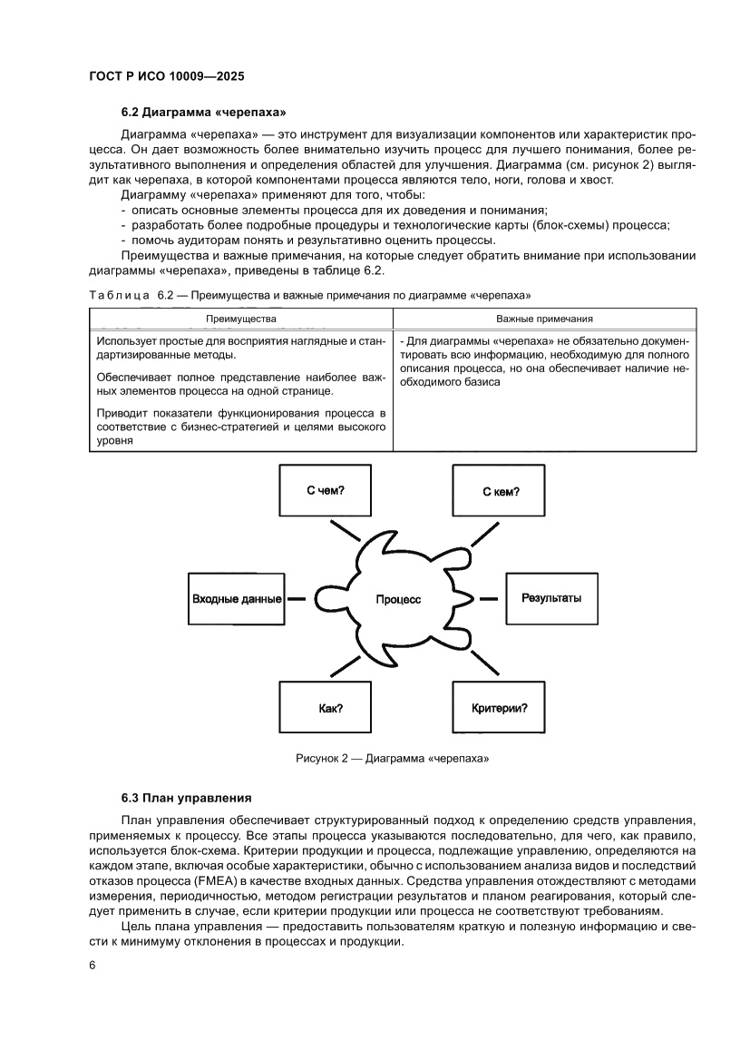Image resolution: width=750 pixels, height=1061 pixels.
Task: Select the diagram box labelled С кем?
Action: click(x=500, y=491)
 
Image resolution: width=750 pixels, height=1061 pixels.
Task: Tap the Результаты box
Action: click(x=551, y=598)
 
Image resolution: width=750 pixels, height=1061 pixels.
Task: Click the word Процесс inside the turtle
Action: click(x=398, y=600)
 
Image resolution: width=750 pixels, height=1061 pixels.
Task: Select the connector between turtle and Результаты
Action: click(x=489, y=599)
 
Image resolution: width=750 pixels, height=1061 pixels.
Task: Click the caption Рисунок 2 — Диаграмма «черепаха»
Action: click(x=392, y=758)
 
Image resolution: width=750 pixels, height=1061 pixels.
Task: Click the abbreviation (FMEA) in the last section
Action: click(x=371, y=881)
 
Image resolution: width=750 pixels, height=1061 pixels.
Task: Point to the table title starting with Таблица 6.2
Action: click(x=309, y=296)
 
